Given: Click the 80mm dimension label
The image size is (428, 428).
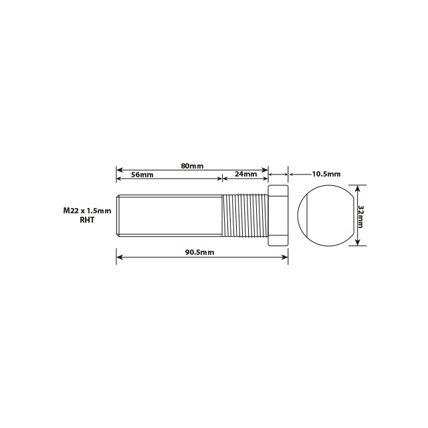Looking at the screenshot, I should coord(192,165).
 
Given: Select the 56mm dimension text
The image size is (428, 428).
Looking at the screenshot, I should coord(142,175).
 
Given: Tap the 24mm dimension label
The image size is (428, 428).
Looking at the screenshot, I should coord(245,175).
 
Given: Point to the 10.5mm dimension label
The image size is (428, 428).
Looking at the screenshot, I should coord(326,174).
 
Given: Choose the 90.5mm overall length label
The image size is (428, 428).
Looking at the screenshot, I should coord(199,252).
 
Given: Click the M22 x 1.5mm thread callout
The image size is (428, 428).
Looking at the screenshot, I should coord(87,211).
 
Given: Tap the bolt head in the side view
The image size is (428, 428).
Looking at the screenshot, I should coord(278,215).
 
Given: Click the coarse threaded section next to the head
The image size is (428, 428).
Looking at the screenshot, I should coord(244,215).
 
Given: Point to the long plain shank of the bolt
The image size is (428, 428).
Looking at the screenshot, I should coord(171,215).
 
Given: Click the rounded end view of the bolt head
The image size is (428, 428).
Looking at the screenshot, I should coord(326,215).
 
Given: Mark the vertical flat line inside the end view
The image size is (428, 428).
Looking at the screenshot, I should coord(308,215).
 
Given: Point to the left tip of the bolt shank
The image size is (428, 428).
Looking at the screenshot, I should coord(118,215).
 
